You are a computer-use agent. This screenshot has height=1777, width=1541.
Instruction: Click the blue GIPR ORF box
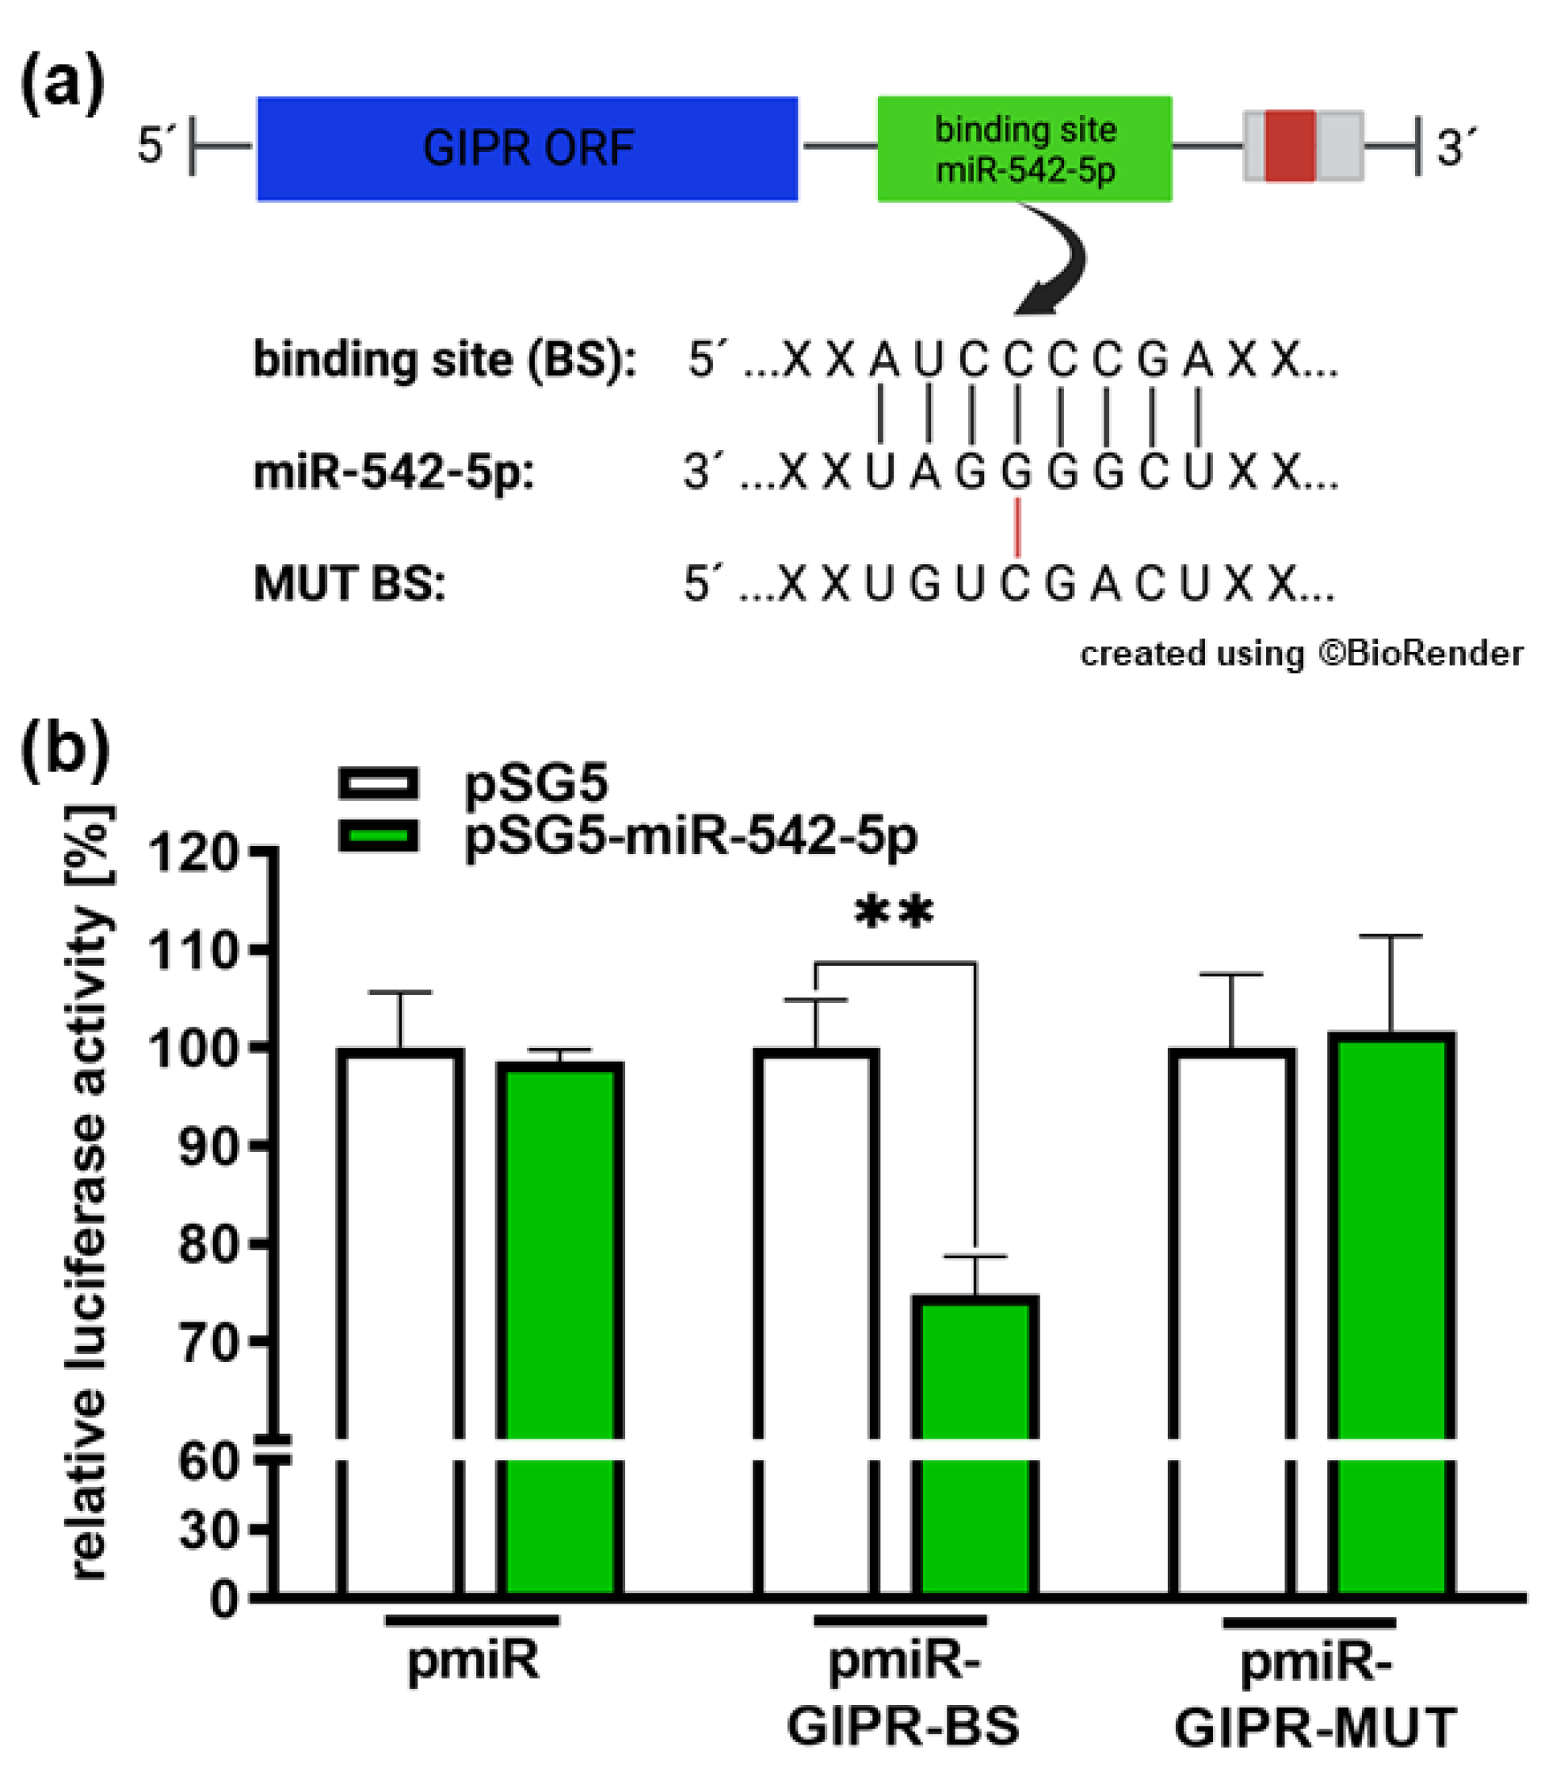pyautogui.click(x=527, y=149)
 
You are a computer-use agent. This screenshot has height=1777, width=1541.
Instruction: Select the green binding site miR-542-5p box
pyautogui.click(x=1024, y=149)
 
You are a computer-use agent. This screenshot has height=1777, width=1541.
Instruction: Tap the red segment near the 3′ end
pyautogui.click(x=1290, y=145)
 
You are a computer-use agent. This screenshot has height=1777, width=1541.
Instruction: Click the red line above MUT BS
pyautogui.click(x=1018, y=528)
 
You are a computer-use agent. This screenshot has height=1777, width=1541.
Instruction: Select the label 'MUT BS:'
pyautogui.click(x=349, y=585)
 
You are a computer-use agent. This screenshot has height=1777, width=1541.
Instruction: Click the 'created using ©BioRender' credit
pyautogui.click(x=1301, y=654)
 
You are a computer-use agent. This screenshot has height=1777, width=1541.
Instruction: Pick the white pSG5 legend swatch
pyautogui.click(x=379, y=784)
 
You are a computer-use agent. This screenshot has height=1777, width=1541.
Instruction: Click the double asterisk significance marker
pyautogui.click(x=894, y=913)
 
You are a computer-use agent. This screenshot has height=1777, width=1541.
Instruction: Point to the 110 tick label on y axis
pyautogui.click(x=193, y=951)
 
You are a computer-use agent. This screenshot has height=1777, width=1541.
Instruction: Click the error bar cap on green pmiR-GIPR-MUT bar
pyautogui.click(x=1390, y=936)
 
